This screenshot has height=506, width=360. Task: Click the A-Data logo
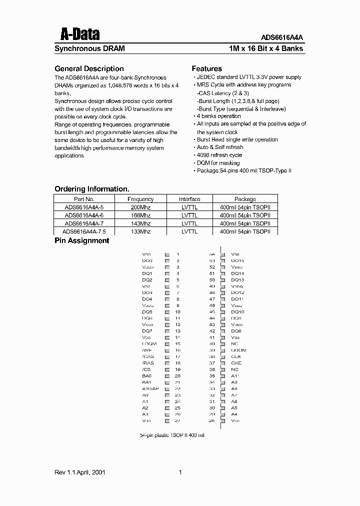click(80, 34)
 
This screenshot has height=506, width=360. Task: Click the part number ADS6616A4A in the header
click(282, 37)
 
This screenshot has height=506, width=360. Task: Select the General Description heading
click(89, 68)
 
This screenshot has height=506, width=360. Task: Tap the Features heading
click(207, 68)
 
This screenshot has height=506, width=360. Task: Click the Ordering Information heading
click(92, 189)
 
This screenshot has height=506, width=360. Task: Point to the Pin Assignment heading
click(81, 240)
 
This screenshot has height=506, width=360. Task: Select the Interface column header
click(189, 199)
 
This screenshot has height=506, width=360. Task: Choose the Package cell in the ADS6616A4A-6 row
click(245, 215)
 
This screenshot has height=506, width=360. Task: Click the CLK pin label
click(236, 356)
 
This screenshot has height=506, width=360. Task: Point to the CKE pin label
click(236, 363)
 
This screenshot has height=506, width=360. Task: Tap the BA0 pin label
click(146, 375)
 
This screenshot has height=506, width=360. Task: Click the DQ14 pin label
click(237, 273)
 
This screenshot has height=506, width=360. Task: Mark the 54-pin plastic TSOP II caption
click(172, 435)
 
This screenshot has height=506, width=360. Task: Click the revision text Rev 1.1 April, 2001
click(79, 472)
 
